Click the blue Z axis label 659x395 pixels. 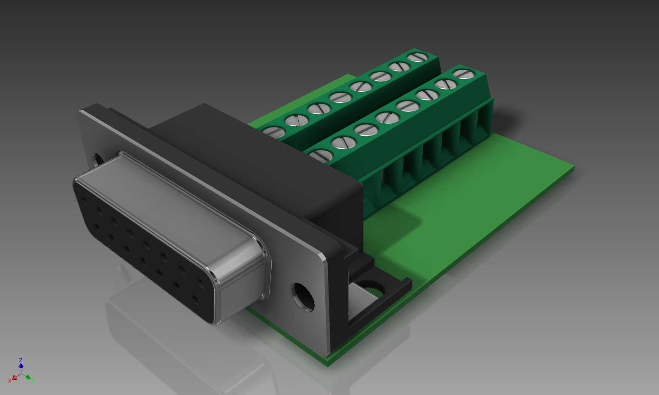21,360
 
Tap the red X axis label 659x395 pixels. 10,381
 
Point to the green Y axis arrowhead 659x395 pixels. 29,377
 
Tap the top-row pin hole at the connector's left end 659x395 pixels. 84,201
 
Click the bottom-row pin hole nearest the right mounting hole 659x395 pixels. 195,300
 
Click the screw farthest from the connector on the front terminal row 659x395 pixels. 464,74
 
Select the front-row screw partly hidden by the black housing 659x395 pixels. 321,155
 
